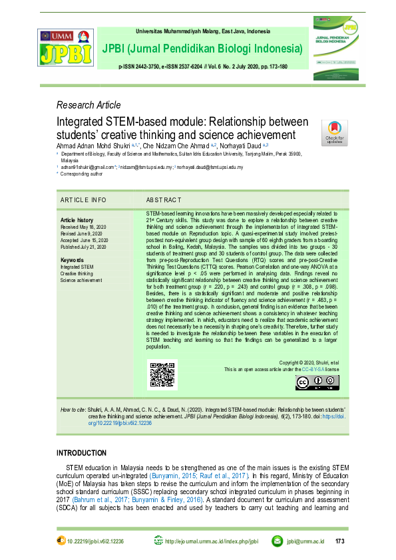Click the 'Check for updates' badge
click(334, 132)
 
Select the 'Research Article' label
click(89, 105)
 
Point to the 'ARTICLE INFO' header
click(83, 200)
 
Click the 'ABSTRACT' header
click(164, 200)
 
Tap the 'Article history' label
click(77, 219)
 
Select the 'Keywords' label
click(72, 259)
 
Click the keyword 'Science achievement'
click(81, 280)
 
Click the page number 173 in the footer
click(339, 541)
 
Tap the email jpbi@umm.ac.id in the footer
click(305, 541)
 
